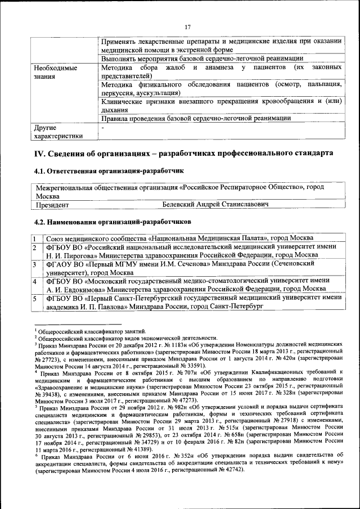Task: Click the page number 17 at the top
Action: (x=188, y=26)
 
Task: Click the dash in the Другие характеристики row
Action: (x=102, y=128)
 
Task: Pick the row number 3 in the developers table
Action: (x=34, y=264)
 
